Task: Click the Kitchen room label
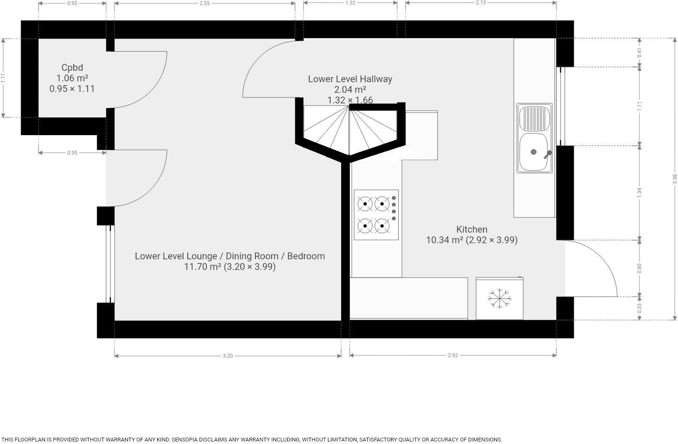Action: [x=472, y=229]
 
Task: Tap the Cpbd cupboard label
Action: [x=72, y=67]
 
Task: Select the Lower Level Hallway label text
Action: [x=350, y=79]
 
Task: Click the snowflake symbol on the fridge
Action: [x=499, y=298]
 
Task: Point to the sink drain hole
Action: [x=534, y=152]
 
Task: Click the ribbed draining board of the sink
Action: [x=534, y=118]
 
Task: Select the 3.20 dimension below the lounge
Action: [x=228, y=356]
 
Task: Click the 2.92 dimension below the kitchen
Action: [x=453, y=355]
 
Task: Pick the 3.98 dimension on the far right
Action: [x=675, y=179]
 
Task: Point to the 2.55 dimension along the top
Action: [x=204, y=3]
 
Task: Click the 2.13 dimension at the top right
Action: [x=481, y=3]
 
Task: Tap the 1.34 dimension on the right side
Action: [x=639, y=192]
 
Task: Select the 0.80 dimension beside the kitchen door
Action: [x=639, y=268]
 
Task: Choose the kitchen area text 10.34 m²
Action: [x=445, y=240]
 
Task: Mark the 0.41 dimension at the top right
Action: [x=639, y=53]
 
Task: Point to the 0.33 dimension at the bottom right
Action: [x=639, y=307]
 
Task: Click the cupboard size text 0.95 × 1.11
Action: [x=72, y=89]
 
